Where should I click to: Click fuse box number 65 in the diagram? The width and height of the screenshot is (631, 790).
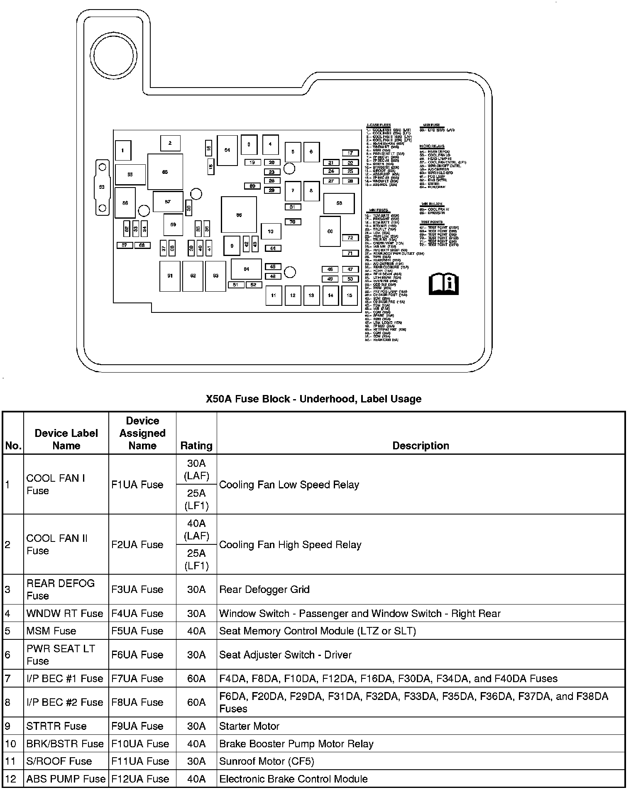pos(165,172)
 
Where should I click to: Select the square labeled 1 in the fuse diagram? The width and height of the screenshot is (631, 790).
pos(122,151)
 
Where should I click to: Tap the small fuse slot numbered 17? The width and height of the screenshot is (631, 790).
pos(350,153)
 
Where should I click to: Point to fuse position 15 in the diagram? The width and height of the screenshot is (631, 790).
pos(350,295)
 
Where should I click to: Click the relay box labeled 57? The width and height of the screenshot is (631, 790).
pos(168,202)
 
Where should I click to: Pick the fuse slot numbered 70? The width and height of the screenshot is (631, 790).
pos(293,222)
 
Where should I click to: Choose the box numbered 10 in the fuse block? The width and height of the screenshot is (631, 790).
pos(271,232)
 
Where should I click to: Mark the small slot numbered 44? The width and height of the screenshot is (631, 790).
pos(273,249)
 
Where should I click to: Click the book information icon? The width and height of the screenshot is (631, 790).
pos(443,284)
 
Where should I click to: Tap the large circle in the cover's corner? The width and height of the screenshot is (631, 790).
pos(113,55)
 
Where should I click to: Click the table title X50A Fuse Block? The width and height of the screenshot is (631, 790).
pos(313,399)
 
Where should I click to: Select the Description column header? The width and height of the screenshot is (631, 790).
pos(421,446)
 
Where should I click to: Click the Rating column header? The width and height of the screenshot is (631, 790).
pos(196,446)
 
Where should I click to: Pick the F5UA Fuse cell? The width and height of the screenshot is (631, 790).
pos(137,631)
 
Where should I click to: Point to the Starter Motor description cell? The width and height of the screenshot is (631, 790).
pos(249,726)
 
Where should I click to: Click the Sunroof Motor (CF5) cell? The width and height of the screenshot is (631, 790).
pos(267,761)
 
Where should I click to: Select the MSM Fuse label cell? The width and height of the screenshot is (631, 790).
pos(51,631)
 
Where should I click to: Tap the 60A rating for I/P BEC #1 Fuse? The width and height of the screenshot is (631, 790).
pos(196,678)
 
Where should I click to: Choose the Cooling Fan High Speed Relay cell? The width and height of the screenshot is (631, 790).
pos(290,544)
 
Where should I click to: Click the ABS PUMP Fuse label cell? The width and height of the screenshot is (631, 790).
pos(66,779)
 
